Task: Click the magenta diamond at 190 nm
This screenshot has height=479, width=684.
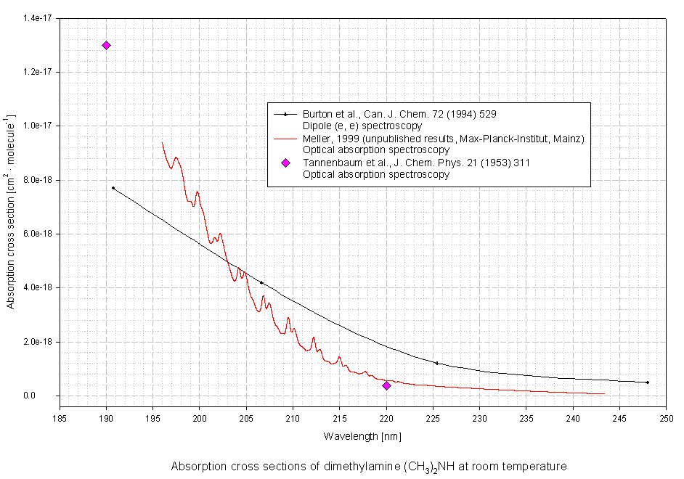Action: point(107,45)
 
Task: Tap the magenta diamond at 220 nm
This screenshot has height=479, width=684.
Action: point(386,385)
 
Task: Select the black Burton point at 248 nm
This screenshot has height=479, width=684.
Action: point(647,382)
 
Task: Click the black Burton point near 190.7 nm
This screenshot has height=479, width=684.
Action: point(113,188)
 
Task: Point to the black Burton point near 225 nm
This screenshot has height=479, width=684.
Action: point(437,363)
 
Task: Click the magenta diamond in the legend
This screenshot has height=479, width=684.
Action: point(286,163)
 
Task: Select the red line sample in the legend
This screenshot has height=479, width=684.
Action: point(286,138)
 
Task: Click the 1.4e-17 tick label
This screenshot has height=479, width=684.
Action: point(40,18)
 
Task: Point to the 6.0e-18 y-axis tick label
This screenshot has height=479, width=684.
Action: point(40,234)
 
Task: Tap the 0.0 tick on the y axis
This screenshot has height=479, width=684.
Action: point(49,396)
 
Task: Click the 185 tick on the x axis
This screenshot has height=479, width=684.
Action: point(60,419)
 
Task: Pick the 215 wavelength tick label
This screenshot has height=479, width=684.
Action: point(340,419)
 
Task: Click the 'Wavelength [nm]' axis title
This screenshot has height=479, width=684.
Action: point(362,436)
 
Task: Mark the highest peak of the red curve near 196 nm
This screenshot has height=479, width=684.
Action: point(162,143)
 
